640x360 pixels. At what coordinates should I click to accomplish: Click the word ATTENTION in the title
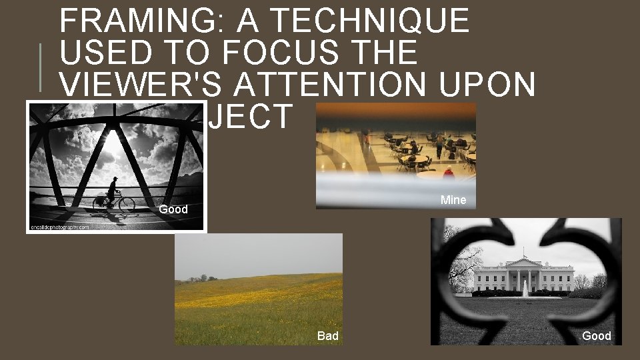point(338,84)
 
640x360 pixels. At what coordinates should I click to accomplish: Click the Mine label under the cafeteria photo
point(453,200)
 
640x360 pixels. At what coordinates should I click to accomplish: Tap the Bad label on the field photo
point(327,336)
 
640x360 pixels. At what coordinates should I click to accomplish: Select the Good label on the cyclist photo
point(173,209)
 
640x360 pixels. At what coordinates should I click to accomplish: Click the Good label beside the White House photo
point(596,336)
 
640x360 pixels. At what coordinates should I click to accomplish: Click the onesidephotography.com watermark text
point(59,227)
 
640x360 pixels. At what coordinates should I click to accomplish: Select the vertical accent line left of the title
point(40,67)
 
